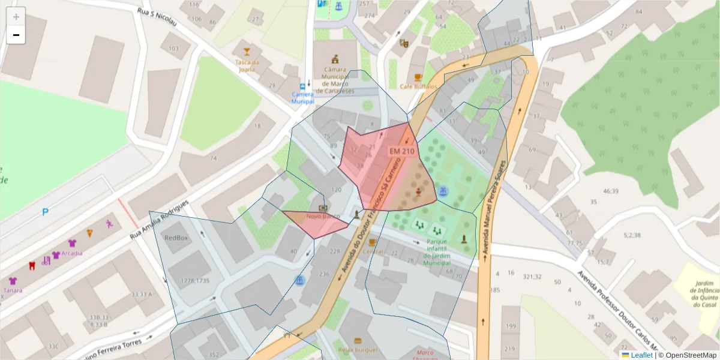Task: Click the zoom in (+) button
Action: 16,17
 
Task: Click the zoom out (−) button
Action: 16,35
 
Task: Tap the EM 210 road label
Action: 402,152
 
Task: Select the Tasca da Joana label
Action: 247,65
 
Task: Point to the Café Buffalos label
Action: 418,86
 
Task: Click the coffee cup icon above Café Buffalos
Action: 418,77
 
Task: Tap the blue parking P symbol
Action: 45,212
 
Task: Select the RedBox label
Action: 176,238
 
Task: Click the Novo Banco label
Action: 323,216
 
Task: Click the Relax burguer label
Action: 358,350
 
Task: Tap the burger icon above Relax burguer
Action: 358,340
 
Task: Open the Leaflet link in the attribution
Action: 641,355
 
